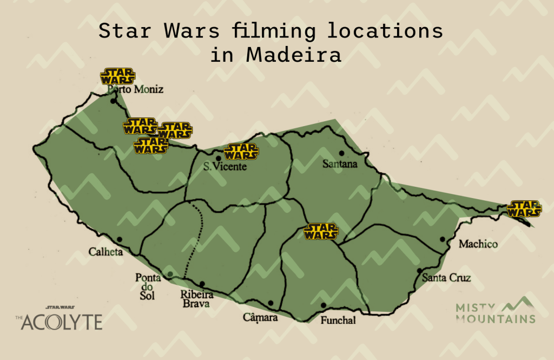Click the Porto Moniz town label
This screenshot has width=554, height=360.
(x=135, y=90)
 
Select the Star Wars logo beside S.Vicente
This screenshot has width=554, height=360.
(x=241, y=151)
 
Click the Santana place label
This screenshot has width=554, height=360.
(x=340, y=163)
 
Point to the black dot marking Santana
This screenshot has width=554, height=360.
(x=341, y=153)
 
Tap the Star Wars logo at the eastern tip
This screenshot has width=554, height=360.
(x=524, y=208)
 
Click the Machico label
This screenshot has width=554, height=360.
(x=478, y=244)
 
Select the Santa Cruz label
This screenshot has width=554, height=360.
(x=446, y=278)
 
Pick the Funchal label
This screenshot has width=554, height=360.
(x=338, y=320)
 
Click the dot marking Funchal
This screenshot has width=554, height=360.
(x=324, y=305)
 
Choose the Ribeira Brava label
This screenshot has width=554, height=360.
(x=197, y=299)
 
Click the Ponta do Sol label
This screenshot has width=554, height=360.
(x=147, y=286)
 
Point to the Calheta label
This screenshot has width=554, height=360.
(x=106, y=252)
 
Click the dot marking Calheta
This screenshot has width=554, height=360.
(x=119, y=239)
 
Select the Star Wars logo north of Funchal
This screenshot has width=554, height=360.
(x=321, y=231)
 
